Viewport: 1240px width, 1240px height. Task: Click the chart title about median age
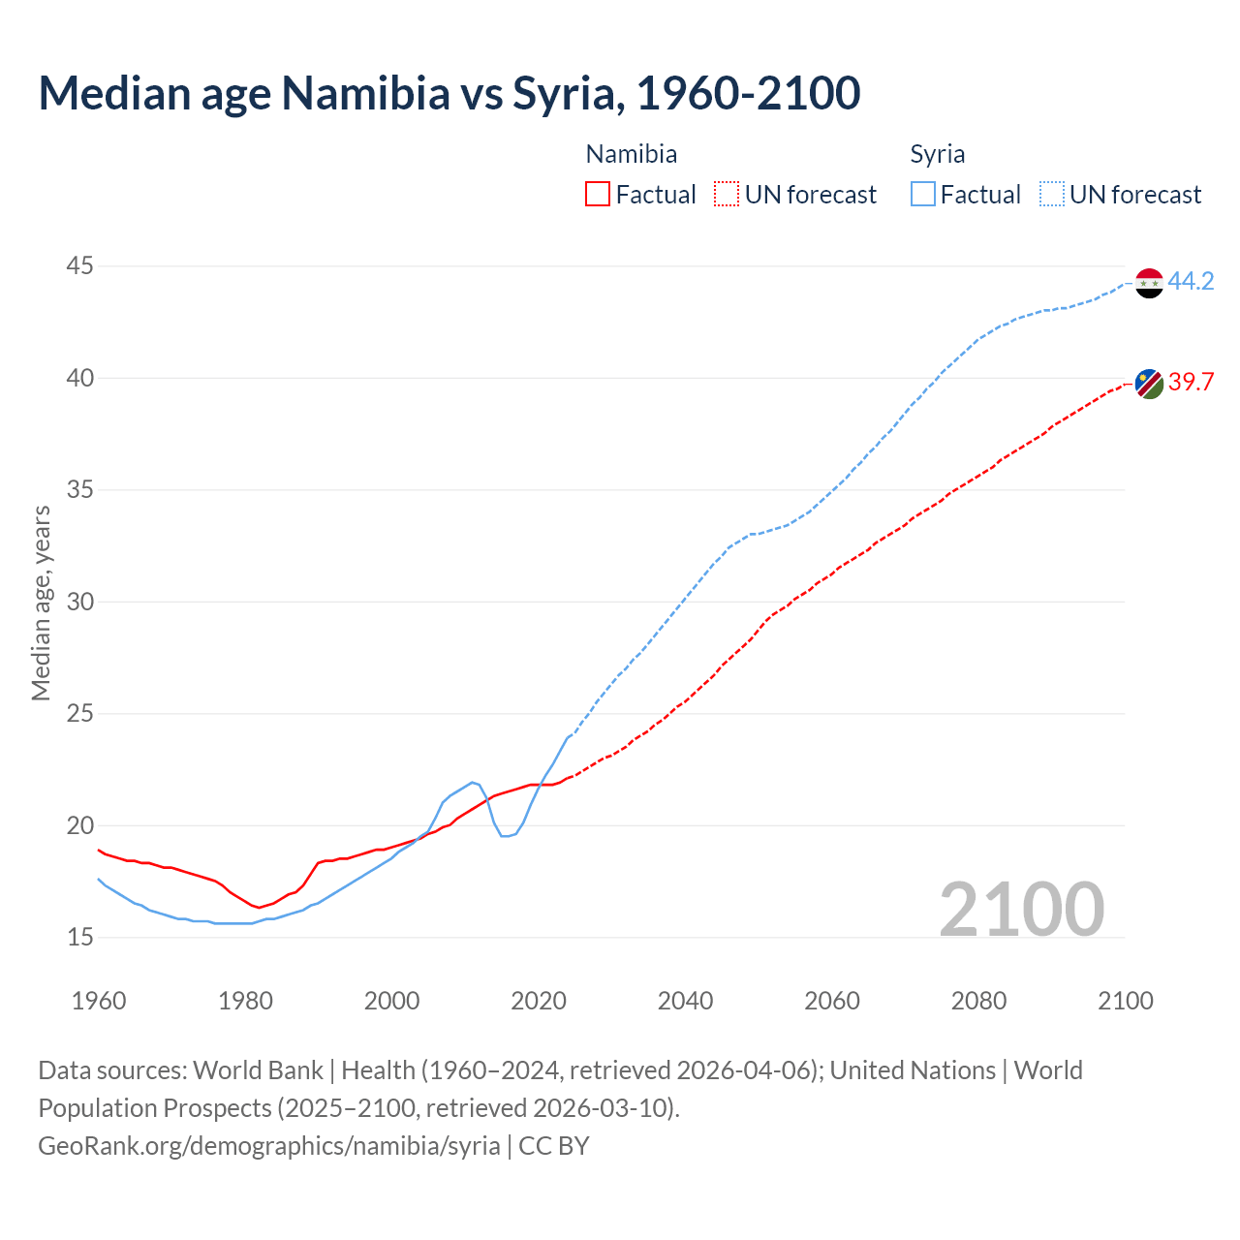pos(449,93)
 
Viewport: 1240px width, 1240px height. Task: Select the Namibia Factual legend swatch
pos(598,195)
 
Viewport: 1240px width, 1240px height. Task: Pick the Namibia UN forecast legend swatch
pos(727,195)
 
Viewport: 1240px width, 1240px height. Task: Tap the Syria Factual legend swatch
pos(923,195)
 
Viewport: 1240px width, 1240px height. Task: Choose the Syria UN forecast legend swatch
pos(1052,195)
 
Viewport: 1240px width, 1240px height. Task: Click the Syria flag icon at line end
pos(1149,283)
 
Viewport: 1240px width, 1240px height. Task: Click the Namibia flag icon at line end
pos(1149,384)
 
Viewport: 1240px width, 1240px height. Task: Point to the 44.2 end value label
pos(1191,281)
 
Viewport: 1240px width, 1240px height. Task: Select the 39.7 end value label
pos(1191,382)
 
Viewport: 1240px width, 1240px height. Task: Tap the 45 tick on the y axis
pos(80,265)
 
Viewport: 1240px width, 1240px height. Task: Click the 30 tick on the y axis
pos(80,602)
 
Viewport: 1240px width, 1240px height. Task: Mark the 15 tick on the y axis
pos(80,937)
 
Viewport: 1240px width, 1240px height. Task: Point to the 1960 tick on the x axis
pos(99,1001)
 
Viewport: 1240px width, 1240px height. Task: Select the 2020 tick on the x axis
pos(539,1001)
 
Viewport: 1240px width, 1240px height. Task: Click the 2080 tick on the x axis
pos(978,1001)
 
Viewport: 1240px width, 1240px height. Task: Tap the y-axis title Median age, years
pos(41,603)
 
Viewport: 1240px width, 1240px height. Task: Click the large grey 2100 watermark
pos(1021,909)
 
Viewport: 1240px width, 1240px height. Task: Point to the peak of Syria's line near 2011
pos(473,782)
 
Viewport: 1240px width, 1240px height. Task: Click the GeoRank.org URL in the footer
pos(269,1146)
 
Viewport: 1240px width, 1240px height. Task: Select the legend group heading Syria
pos(937,154)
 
